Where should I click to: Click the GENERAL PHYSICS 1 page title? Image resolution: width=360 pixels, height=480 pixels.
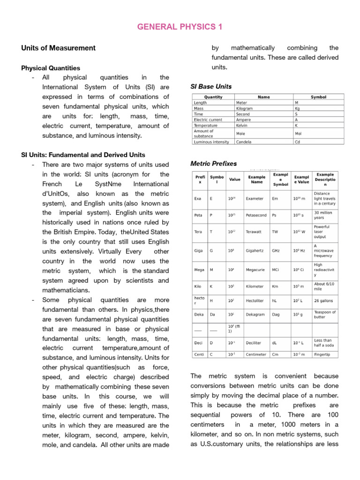point(180,27)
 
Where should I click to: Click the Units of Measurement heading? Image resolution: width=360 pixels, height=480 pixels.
point(59,48)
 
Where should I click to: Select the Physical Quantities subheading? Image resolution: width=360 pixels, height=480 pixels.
point(51,68)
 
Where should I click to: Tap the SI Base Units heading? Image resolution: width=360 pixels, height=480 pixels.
point(211,87)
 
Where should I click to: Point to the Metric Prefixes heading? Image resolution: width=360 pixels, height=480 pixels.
point(213,164)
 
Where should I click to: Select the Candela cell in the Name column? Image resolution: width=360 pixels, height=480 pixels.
point(244,142)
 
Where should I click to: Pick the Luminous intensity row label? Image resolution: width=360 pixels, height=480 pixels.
point(211,142)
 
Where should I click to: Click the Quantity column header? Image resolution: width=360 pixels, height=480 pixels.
point(214,97)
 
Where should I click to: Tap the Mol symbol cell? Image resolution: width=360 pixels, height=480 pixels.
point(298,133)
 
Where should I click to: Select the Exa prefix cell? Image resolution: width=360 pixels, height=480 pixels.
point(198,198)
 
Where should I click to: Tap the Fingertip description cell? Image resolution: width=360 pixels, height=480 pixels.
point(323,354)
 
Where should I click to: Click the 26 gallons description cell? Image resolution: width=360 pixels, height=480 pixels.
point(323,300)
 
